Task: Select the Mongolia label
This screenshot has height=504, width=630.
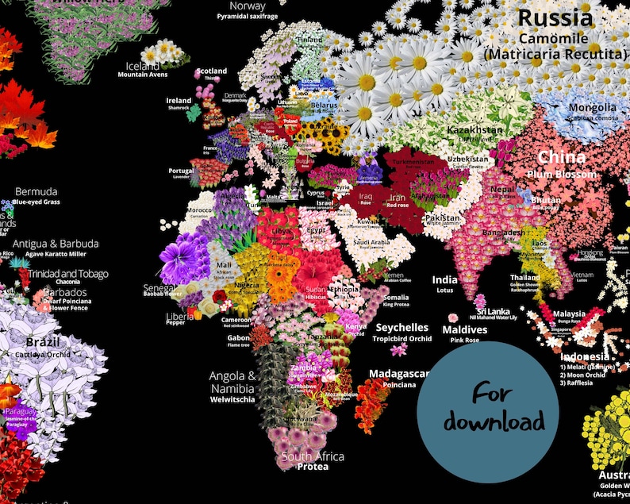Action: (592, 108)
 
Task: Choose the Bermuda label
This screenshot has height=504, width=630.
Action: (36, 192)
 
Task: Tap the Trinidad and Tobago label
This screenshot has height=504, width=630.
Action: (68, 274)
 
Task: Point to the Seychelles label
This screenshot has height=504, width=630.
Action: (401, 328)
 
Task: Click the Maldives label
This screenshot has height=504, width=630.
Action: (464, 329)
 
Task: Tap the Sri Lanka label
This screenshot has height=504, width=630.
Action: (493, 311)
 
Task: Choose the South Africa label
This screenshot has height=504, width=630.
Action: (313, 456)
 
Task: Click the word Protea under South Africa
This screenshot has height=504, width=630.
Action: (313, 467)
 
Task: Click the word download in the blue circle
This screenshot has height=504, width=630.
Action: (494, 421)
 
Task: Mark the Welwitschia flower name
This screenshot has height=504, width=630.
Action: (232, 401)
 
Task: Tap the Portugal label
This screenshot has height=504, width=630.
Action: (181, 171)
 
